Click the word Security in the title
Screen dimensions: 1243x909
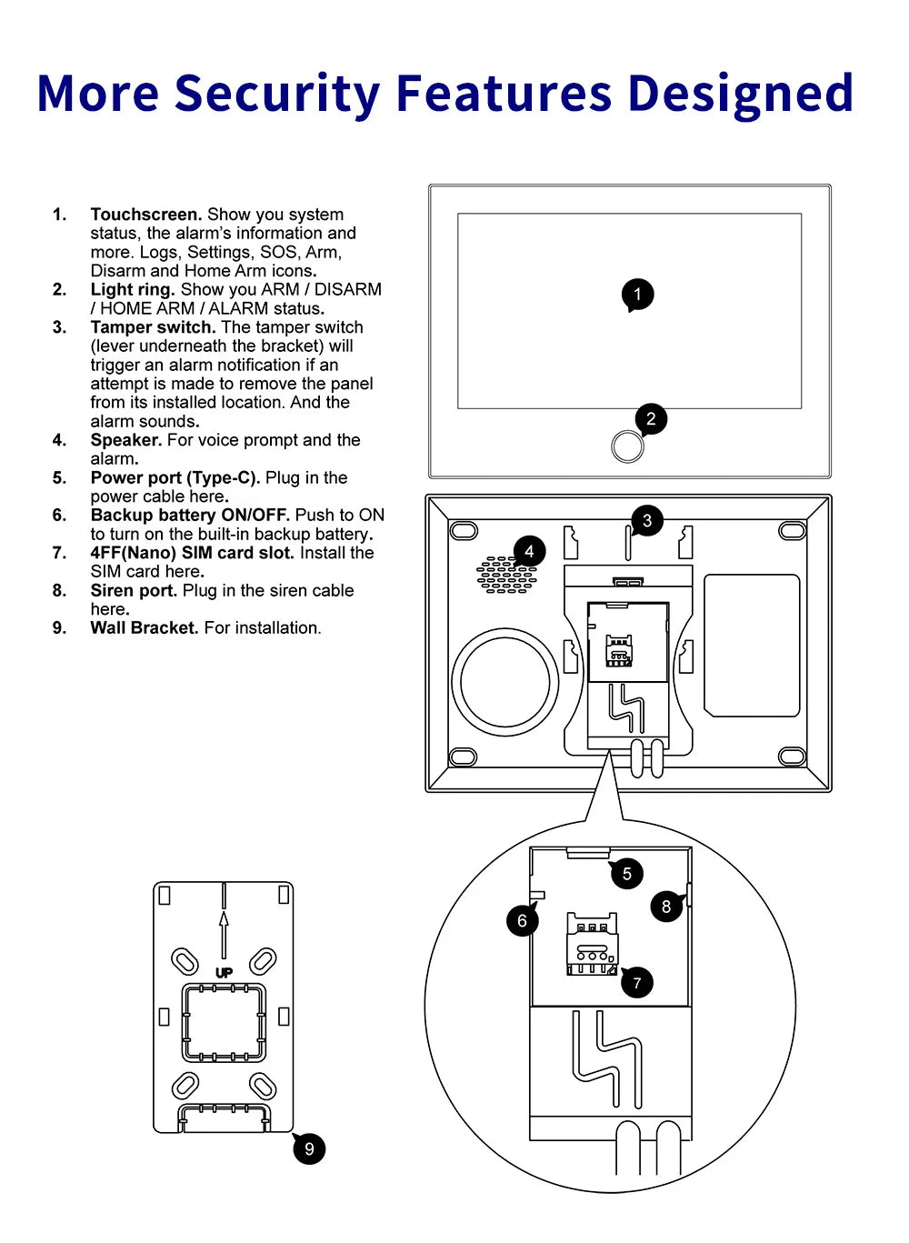tap(276, 94)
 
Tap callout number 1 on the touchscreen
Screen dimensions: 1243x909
tap(637, 295)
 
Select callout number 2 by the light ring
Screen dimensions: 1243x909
tap(651, 419)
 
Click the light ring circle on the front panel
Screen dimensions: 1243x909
tap(627, 446)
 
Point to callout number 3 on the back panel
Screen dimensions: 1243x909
tap(647, 521)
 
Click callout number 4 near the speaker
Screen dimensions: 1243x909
tap(529, 552)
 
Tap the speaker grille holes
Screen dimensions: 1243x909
tap(505, 576)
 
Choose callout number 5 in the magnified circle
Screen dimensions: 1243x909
tap(626, 874)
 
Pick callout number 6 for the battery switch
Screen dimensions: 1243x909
tap(522, 921)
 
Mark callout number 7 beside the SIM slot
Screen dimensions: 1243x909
tap(636, 983)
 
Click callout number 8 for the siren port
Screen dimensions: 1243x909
tap(666, 907)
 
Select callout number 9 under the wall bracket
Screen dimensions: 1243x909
tap(309, 1149)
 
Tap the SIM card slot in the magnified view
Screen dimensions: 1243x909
tap(592, 947)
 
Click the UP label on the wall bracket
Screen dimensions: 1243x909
tap(224, 973)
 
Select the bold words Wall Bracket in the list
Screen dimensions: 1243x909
tap(144, 628)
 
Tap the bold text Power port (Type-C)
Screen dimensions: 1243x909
tap(175, 478)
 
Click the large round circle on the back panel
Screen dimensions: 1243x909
tap(505, 682)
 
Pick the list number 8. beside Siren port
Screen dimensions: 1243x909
tap(59, 591)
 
